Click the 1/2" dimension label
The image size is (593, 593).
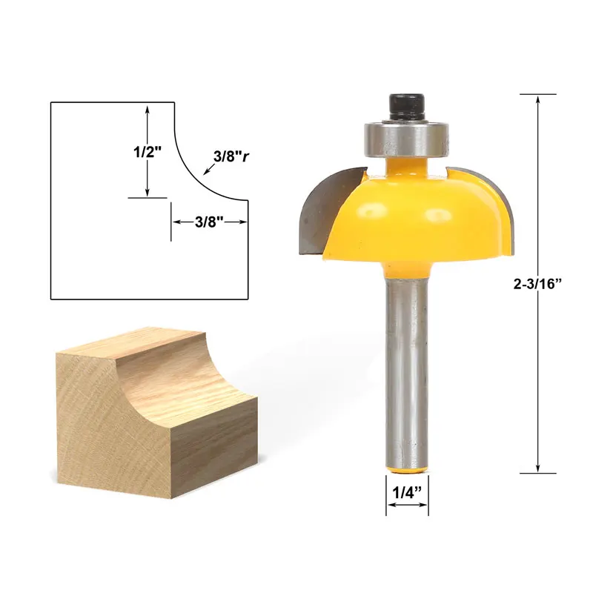(148, 152)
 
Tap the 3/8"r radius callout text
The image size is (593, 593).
(231, 156)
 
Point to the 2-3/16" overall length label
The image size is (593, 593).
(536, 284)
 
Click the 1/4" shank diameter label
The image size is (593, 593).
(407, 492)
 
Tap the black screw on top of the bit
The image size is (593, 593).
(406, 107)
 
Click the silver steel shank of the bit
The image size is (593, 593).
(407, 374)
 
